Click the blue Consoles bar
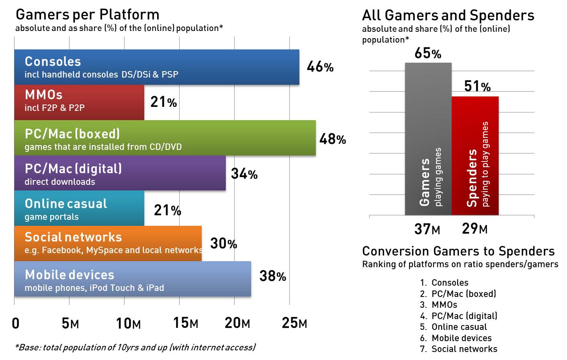click(x=157, y=67)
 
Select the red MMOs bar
click(x=79, y=102)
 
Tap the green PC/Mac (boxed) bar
click(x=165, y=138)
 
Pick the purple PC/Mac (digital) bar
click(x=120, y=173)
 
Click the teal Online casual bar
click(x=79, y=208)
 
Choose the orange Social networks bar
click(x=108, y=243)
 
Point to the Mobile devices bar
click(x=133, y=279)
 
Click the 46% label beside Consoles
click(x=320, y=67)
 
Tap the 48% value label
click(x=332, y=139)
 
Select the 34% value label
click(x=244, y=174)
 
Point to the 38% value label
click(x=272, y=276)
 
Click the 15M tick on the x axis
click(x=185, y=323)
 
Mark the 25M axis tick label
click(x=294, y=323)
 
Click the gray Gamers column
click(x=428, y=139)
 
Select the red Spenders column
click(x=475, y=155)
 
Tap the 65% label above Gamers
click(x=428, y=53)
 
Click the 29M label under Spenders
click(x=475, y=229)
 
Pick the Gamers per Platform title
click(x=88, y=15)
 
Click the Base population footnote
click(x=135, y=347)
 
